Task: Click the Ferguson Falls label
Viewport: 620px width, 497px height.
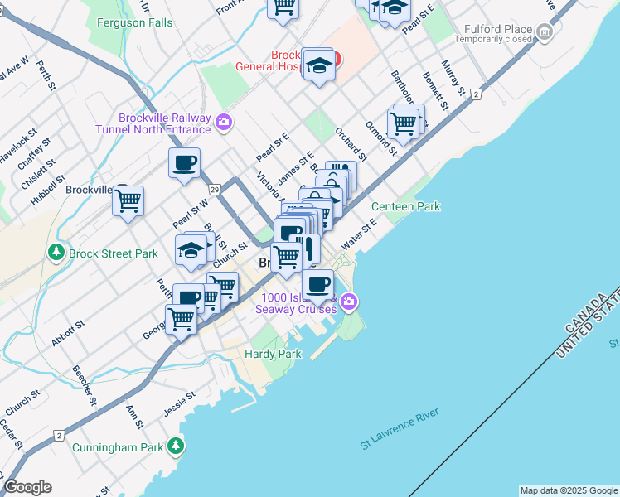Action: (x=134, y=23)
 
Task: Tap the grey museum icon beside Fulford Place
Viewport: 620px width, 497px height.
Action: (x=545, y=32)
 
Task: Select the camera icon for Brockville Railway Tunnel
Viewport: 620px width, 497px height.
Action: (x=223, y=123)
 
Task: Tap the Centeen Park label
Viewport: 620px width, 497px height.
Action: (x=405, y=206)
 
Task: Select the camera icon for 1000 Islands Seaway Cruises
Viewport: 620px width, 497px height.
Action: (x=350, y=302)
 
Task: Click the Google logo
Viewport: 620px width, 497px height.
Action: (x=27, y=487)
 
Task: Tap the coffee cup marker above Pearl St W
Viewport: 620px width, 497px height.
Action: (x=184, y=162)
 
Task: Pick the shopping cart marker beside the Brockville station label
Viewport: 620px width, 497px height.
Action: (x=128, y=200)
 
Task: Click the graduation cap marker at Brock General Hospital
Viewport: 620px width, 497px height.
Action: (x=319, y=64)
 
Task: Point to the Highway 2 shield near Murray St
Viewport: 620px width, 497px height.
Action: (x=476, y=94)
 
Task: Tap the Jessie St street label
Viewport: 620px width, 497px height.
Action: (x=178, y=403)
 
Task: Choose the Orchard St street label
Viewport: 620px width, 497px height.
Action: (x=351, y=143)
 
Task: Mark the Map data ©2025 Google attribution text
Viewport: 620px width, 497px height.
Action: (x=568, y=490)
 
